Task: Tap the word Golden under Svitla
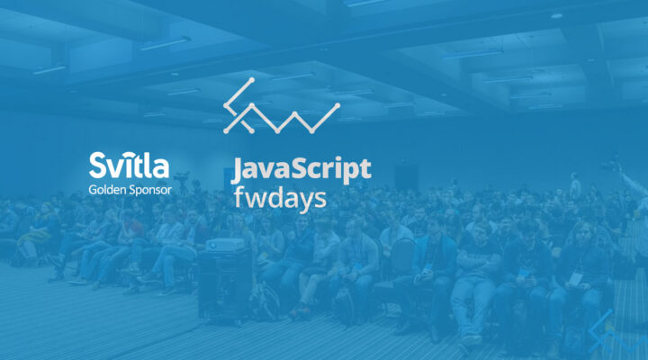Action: (x=109, y=190)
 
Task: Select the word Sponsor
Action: (x=150, y=190)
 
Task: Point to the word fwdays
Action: (x=279, y=197)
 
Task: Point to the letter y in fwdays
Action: (x=304, y=200)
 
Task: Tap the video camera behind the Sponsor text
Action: (x=183, y=177)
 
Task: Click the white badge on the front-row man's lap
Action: (x=525, y=274)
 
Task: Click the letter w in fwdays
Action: (x=255, y=197)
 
